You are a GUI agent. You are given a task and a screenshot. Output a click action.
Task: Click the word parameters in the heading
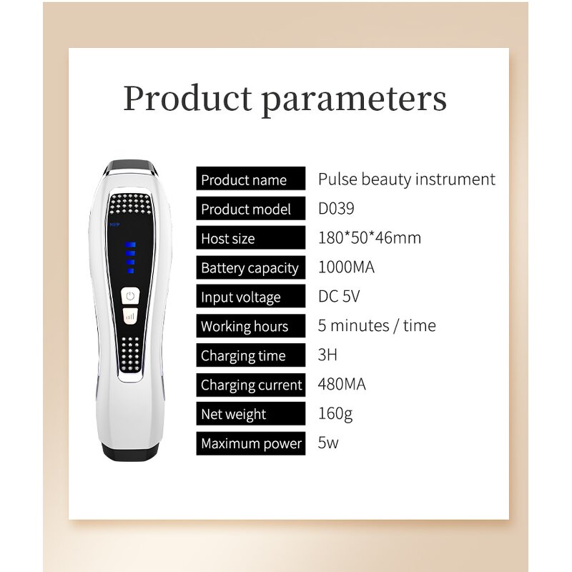point(357,99)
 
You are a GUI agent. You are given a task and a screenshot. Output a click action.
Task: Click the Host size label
point(227,239)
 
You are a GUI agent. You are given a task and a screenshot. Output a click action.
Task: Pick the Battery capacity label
point(250,268)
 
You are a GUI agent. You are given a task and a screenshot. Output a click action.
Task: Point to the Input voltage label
point(240,297)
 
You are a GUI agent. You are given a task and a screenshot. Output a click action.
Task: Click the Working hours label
point(245,327)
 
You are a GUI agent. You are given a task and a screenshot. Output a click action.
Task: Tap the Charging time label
point(243,356)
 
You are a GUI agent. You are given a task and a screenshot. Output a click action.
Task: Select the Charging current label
point(252,385)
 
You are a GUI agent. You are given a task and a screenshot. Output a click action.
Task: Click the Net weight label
point(234,415)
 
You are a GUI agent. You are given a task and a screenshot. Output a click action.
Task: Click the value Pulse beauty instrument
point(406,179)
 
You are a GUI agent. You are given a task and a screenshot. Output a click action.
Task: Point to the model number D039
point(335,209)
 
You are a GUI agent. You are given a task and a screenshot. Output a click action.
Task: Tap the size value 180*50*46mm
point(369,238)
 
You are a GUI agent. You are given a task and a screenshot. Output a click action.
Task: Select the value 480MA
point(342,385)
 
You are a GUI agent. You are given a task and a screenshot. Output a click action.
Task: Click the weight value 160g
point(335,414)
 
